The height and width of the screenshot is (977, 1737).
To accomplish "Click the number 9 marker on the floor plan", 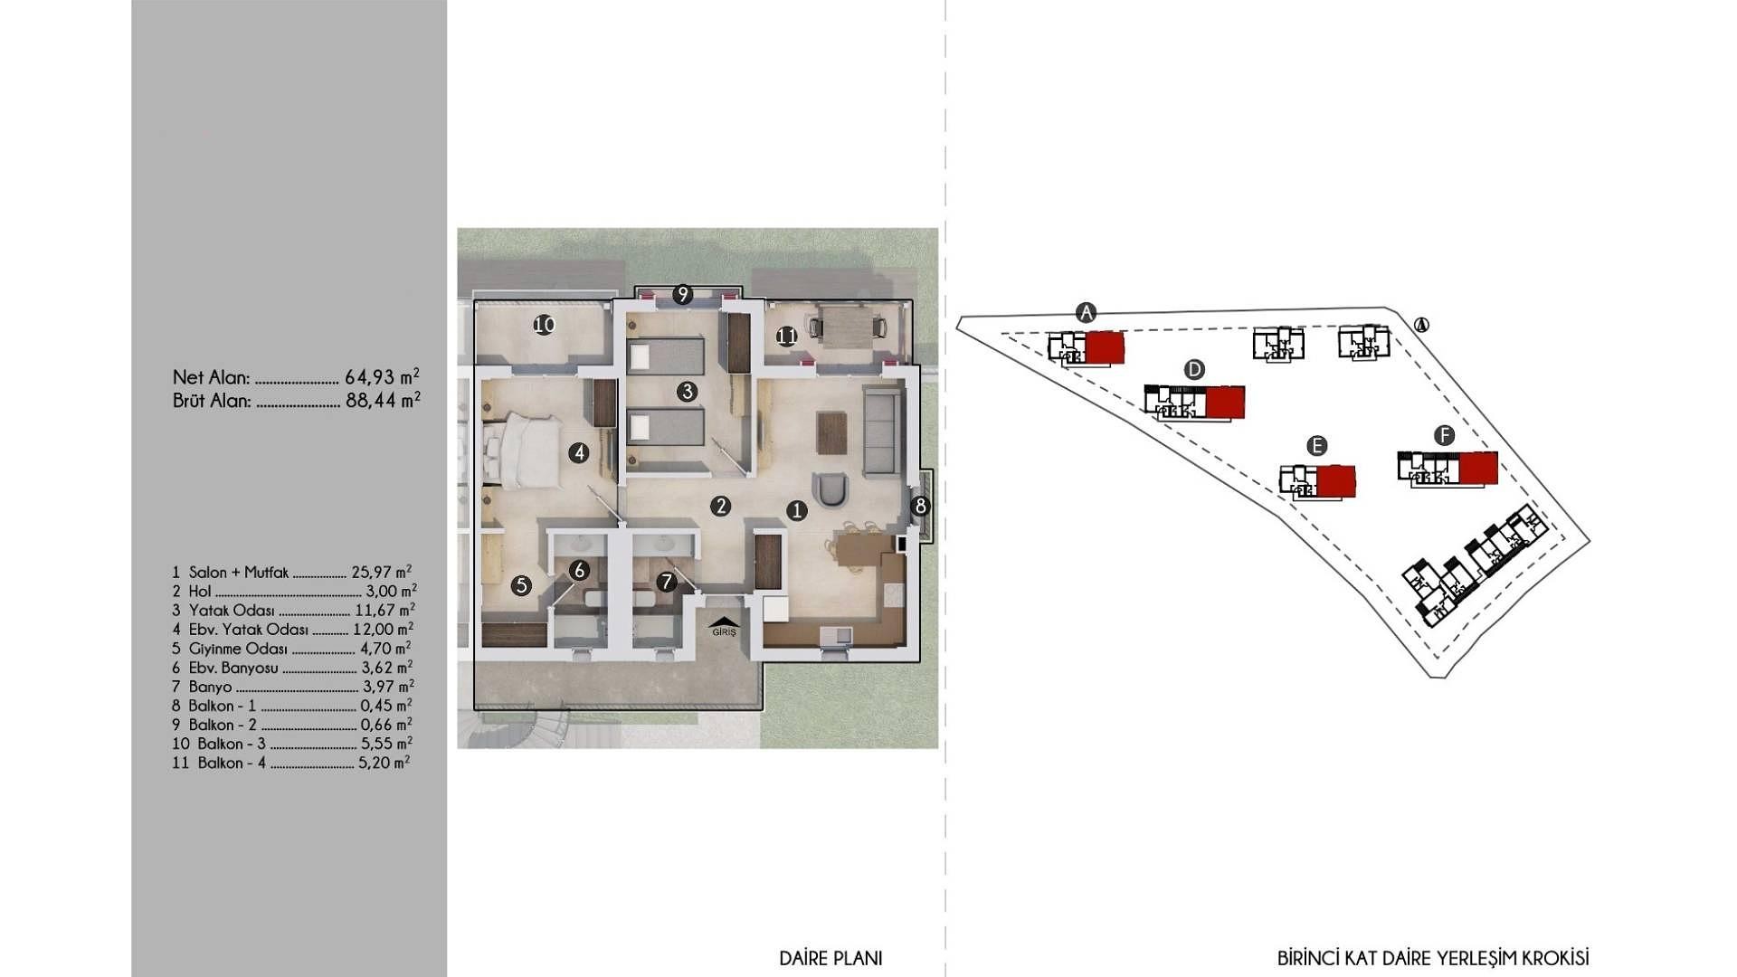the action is click(x=683, y=294).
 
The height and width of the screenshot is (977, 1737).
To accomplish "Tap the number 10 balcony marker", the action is click(x=544, y=325).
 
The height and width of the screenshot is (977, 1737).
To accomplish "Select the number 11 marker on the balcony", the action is click(x=786, y=337).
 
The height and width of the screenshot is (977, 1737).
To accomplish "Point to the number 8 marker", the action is click(x=921, y=506).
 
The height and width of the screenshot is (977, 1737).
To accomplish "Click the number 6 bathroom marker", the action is click(x=580, y=571).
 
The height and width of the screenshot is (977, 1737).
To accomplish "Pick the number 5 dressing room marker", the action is click(x=521, y=585).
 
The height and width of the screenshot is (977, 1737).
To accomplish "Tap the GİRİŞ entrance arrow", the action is click(x=725, y=625).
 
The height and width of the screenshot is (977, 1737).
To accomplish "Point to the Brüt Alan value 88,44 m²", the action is click(x=383, y=399).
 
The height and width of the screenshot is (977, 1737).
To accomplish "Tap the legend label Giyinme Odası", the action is click(x=238, y=649).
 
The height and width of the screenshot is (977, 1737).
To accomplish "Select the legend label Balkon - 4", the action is click(x=232, y=763).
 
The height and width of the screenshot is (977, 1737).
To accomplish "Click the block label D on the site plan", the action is click(x=1194, y=369).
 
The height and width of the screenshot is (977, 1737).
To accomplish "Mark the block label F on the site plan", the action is click(x=1444, y=436).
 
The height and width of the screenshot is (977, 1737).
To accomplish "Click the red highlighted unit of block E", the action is click(x=1336, y=481).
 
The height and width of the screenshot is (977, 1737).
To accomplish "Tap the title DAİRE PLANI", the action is click(x=831, y=958).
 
